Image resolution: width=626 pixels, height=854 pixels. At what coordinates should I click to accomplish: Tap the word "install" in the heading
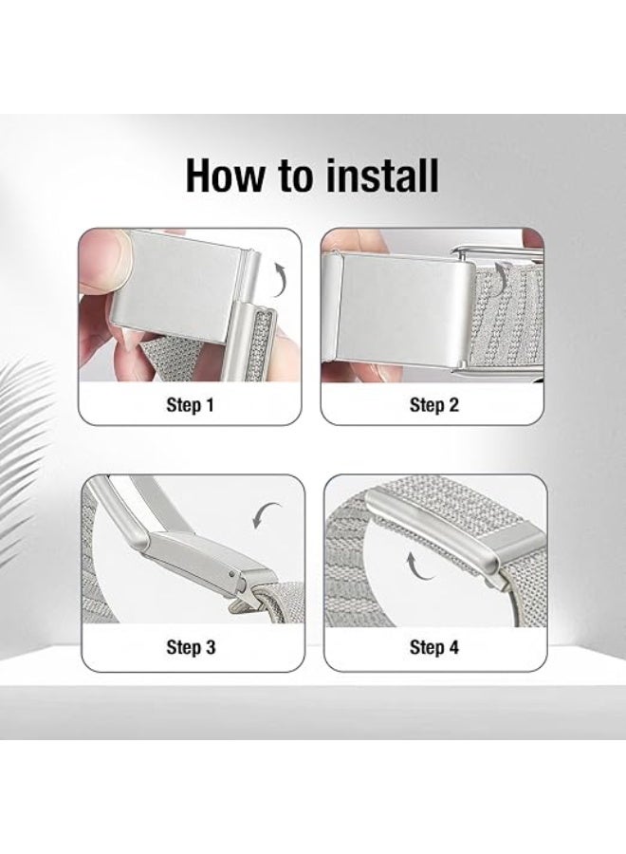[x=378, y=175]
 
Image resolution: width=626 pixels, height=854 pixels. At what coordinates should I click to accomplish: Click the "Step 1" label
[x=190, y=404]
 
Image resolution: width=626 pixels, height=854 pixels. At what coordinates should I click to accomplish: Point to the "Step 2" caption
[x=433, y=404]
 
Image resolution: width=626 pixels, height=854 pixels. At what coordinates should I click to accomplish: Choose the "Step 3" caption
[x=191, y=647]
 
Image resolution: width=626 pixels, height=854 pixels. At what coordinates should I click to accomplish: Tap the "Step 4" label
[x=433, y=647]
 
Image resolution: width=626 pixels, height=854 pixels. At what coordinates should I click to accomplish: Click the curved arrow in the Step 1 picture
[x=280, y=279]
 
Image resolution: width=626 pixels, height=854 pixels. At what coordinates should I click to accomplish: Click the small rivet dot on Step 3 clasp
[x=232, y=573]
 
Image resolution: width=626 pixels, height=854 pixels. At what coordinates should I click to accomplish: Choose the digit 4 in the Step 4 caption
[x=452, y=647]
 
